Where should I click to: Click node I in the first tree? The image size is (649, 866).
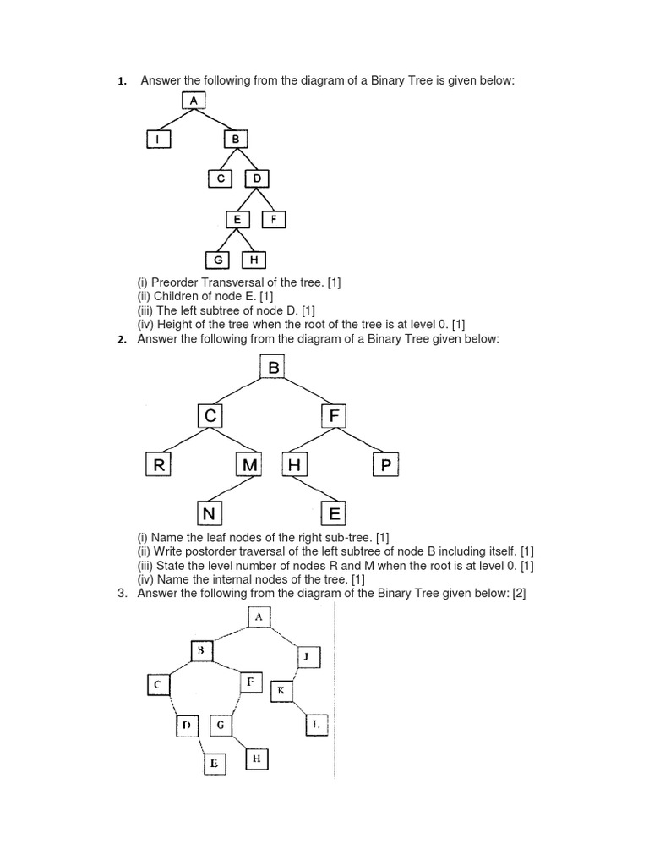158,140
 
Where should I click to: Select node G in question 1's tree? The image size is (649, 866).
218,260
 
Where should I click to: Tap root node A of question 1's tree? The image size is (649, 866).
194,101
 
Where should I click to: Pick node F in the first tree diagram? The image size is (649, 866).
274,219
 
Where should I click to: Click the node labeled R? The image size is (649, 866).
157,464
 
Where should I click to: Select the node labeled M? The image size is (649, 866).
248,464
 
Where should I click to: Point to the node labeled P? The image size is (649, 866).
384,464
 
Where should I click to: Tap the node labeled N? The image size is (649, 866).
210,513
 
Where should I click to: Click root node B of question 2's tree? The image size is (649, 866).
273,368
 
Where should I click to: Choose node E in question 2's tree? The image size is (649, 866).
334,513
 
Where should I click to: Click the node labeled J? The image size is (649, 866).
308,657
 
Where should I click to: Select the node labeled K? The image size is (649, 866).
281,691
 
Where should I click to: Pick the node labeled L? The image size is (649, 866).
315,725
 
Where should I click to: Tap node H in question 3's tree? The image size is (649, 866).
257,759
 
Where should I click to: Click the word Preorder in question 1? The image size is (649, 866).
175,282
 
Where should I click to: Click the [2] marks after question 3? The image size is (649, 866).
518,594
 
